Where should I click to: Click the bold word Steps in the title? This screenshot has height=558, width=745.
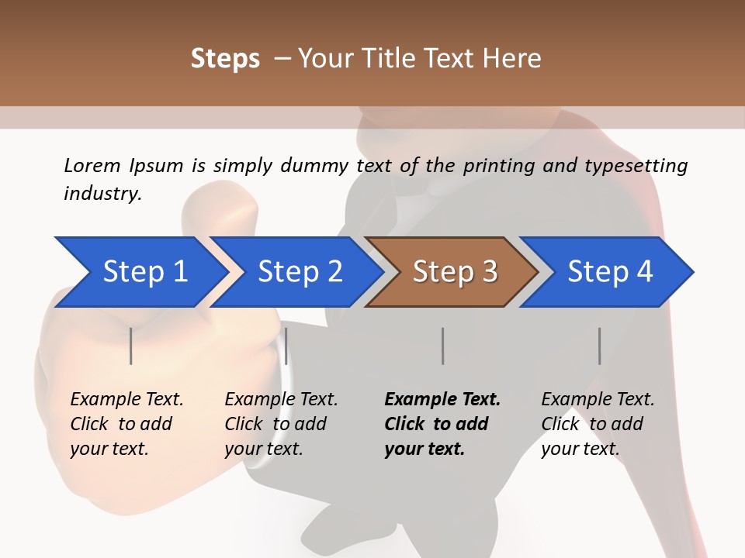click(225, 59)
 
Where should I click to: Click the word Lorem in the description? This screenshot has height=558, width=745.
click(92, 165)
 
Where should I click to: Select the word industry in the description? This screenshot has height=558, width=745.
click(102, 194)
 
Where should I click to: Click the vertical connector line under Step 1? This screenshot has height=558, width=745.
click(131, 346)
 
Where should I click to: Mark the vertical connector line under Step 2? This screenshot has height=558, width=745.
click(286, 346)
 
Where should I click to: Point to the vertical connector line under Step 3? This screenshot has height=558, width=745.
click(442, 346)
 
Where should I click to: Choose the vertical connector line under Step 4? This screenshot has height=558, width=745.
click(599, 346)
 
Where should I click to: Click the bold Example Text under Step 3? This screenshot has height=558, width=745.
click(442, 400)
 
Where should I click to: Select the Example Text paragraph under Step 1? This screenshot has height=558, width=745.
click(126, 424)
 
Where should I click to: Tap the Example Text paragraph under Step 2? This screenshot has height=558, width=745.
click(281, 424)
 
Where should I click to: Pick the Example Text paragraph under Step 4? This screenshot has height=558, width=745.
click(598, 424)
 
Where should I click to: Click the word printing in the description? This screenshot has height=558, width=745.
click(497, 166)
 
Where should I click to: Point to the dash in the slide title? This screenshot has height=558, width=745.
click(282, 59)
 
